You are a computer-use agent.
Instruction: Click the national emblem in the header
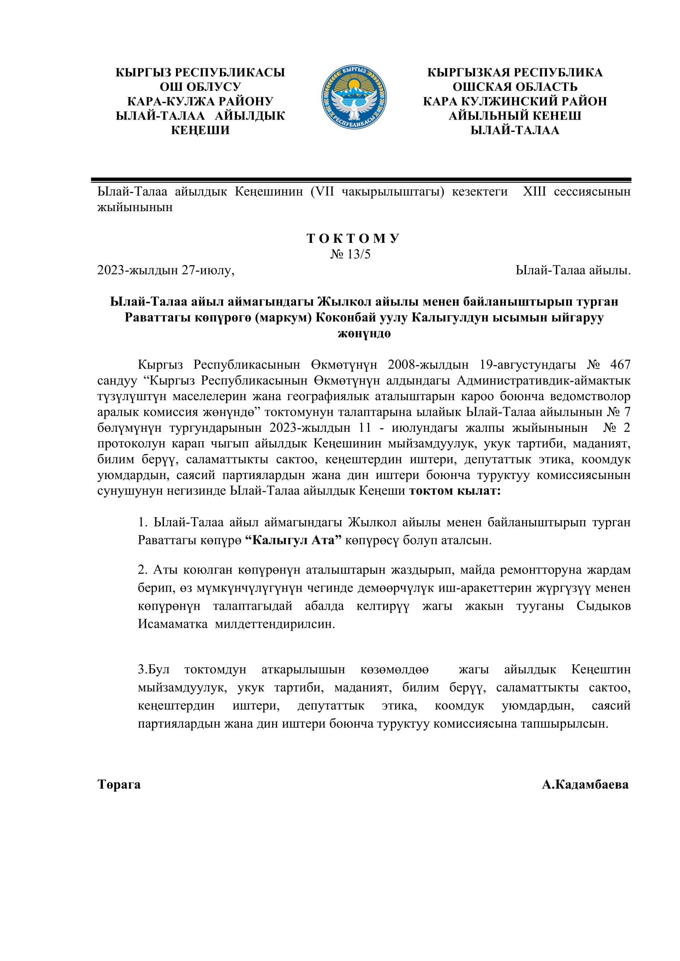pyautogui.click(x=354, y=97)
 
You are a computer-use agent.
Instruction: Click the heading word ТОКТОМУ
pyautogui.click(x=353, y=239)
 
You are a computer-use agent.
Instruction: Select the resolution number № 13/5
pyautogui.click(x=350, y=254)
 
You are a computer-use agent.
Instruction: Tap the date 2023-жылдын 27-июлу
pyautogui.click(x=165, y=270)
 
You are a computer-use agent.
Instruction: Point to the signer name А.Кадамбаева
pyautogui.click(x=585, y=784)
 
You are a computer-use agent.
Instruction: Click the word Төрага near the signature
pyautogui.click(x=119, y=784)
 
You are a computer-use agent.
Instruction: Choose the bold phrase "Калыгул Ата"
pyautogui.click(x=293, y=540)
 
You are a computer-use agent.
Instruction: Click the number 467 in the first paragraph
pyautogui.click(x=620, y=364)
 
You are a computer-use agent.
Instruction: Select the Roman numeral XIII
pyautogui.click(x=534, y=192)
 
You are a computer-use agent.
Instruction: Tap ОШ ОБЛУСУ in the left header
pyautogui.click(x=200, y=87)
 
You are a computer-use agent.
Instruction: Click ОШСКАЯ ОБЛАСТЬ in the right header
pyautogui.click(x=515, y=87)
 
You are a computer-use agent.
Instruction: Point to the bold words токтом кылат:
pyautogui.click(x=455, y=491)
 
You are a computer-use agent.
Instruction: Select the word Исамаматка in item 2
pyautogui.click(x=173, y=624)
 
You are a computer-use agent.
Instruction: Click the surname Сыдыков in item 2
pyautogui.click(x=604, y=606)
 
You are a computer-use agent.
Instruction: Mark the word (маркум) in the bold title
pyautogui.click(x=283, y=318)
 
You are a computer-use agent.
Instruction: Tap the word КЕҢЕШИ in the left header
pyautogui.click(x=200, y=130)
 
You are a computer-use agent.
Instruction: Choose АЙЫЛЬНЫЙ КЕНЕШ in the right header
pyautogui.click(x=515, y=116)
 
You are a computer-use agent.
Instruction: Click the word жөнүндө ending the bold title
pyautogui.click(x=364, y=334)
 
